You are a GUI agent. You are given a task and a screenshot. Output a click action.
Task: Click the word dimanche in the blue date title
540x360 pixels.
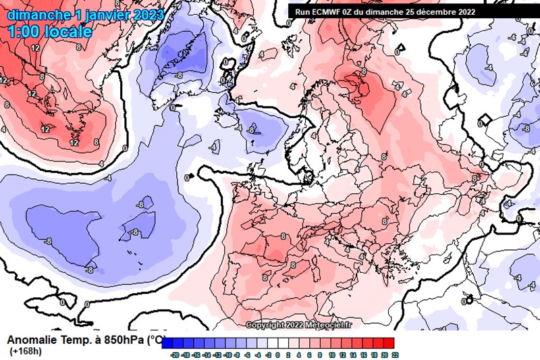38,14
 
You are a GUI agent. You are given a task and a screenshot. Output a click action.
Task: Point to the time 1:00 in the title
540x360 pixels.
24,31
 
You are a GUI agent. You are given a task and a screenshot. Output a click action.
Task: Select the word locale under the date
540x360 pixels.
68,31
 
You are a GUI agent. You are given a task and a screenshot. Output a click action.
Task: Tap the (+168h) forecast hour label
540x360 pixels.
26,351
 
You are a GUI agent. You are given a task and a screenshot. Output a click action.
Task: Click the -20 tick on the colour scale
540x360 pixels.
175,354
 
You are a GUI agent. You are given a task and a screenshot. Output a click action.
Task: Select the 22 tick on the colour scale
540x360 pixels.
394,354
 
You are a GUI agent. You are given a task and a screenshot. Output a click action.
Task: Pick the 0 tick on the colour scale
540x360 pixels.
279,354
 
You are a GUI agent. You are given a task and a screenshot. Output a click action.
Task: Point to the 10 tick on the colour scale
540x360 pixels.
332,354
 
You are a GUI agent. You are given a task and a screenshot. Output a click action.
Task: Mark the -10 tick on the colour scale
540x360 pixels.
227,354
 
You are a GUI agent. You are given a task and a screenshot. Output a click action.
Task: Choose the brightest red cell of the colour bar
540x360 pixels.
389,342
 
